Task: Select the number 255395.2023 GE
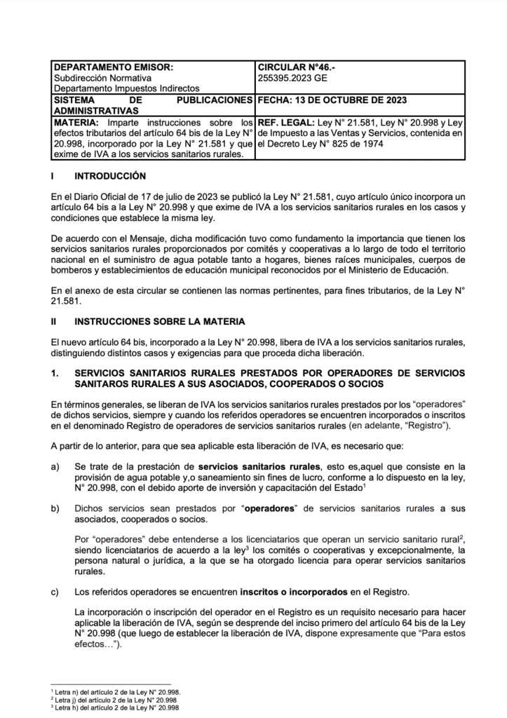(x=292, y=78)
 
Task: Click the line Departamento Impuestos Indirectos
(x=126, y=88)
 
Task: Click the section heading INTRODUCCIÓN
(x=110, y=175)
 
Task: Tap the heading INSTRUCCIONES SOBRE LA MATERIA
(x=159, y=321)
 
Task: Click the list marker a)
(x=55, y=466)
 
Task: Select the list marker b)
(x=55, y=508)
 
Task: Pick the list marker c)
(x=55, y=592)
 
